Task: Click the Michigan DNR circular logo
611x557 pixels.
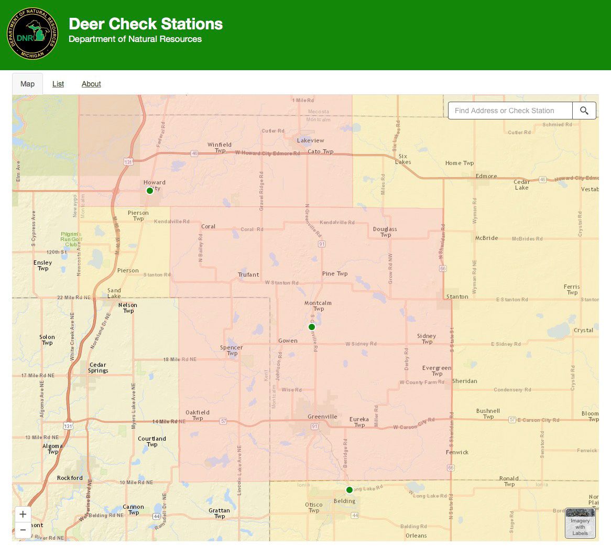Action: click(32, 34)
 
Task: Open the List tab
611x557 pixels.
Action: click(58, 84)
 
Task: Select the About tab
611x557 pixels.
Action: click(91, 84)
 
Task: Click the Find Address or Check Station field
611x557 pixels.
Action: click(509, 111)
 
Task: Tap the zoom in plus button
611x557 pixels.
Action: click(23, 515)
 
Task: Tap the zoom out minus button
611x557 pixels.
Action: click(23, 530)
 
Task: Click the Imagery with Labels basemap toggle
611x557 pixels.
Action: click(580, 522)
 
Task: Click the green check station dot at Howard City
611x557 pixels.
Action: click(150, 191)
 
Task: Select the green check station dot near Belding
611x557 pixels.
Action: click(350, 490)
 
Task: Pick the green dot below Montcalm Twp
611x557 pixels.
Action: click(312, 327)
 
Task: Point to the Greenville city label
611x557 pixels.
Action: click(322, 417)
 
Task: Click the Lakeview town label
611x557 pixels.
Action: click(311, 140)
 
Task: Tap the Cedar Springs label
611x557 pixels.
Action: click(98, 367)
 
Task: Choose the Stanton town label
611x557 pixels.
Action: click(457, 297)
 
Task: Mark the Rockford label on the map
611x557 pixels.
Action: click(70, 478)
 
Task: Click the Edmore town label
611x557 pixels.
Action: click(486, 176)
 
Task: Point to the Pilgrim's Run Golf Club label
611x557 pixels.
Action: click(71, 239)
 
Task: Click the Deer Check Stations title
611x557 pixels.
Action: click(146, 24)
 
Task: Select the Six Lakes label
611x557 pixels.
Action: click(403, 159)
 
